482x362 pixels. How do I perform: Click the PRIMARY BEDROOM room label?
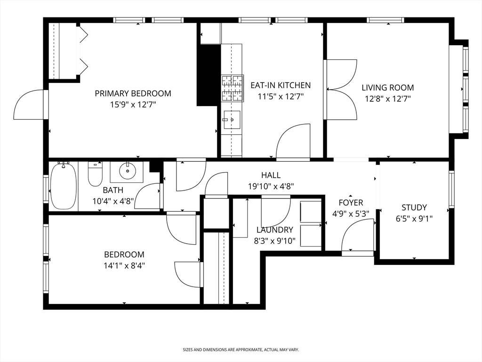click(133, 93)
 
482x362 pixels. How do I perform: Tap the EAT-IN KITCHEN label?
click(281, 85)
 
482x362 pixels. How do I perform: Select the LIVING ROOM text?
click(388, 88)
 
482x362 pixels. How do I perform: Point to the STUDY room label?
click(414, 207)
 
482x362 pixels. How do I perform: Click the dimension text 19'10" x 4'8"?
click(271, 186)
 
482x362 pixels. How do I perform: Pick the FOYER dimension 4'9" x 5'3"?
click(351, 214)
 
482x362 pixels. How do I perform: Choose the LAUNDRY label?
click(275, 230)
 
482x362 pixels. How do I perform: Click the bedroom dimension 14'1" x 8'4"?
click(124, 265)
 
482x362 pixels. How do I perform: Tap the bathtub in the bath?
click(64, 186)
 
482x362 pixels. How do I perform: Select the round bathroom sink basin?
click(127, 171)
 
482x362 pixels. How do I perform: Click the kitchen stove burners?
click(233, 88)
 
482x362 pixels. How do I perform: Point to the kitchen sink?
click(233, 120)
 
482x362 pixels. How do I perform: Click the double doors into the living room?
click(342, 90)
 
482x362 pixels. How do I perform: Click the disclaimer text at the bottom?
click(241, 350)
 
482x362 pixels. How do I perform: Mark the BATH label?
click(113, 190)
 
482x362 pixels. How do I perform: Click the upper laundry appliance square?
click(311, 212)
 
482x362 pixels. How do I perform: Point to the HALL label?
click(271, 175)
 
